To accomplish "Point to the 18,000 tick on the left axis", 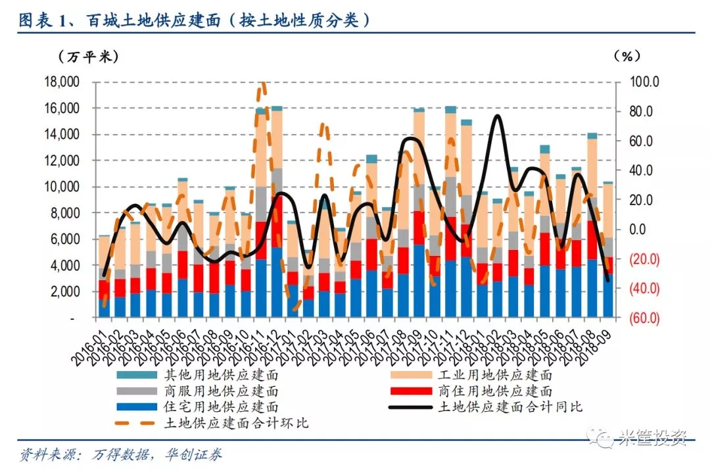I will [60, 82].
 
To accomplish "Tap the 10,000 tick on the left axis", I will [60, 187].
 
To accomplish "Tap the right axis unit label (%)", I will [627, 57].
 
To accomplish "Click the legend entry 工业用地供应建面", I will [494, 376].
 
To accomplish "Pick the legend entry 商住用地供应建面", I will [494, 391].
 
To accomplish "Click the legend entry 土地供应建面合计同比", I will [509, 407].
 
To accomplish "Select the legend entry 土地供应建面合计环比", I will [235, 424].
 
